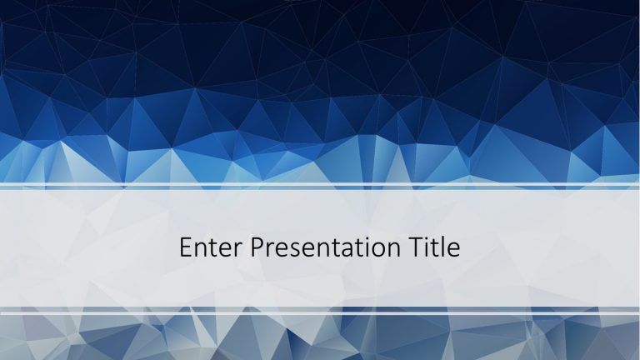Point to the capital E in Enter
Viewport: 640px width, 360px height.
pyautogui.click(x=186, y=248)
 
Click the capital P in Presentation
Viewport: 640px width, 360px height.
pyautogui.click(x=257, y=248)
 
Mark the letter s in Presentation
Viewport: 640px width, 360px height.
pyautogui.click(x=292, y=250)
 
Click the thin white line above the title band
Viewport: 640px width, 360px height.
pyautogui.click(x=320, y=185)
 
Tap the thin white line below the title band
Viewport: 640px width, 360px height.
pyautogui.click(x=320, y=313)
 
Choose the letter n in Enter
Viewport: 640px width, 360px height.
pyautogui.click(x=202, y=250)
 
